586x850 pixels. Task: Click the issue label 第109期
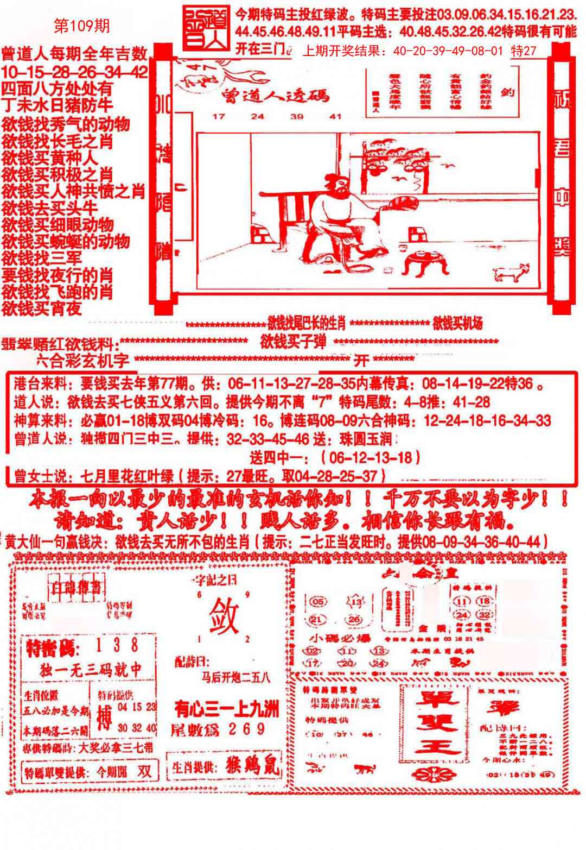point(82,26)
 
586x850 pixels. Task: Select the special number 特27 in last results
point(524,51)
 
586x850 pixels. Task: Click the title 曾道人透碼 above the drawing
point(276,96)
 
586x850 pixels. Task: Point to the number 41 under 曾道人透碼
point(336,116)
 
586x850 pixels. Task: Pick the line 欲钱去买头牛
point(50,208)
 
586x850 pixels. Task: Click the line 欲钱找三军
point(42,257)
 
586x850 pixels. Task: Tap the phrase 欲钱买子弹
point(295,342)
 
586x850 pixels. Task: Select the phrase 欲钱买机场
point(457,324)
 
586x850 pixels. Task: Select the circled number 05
point(319,601)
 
